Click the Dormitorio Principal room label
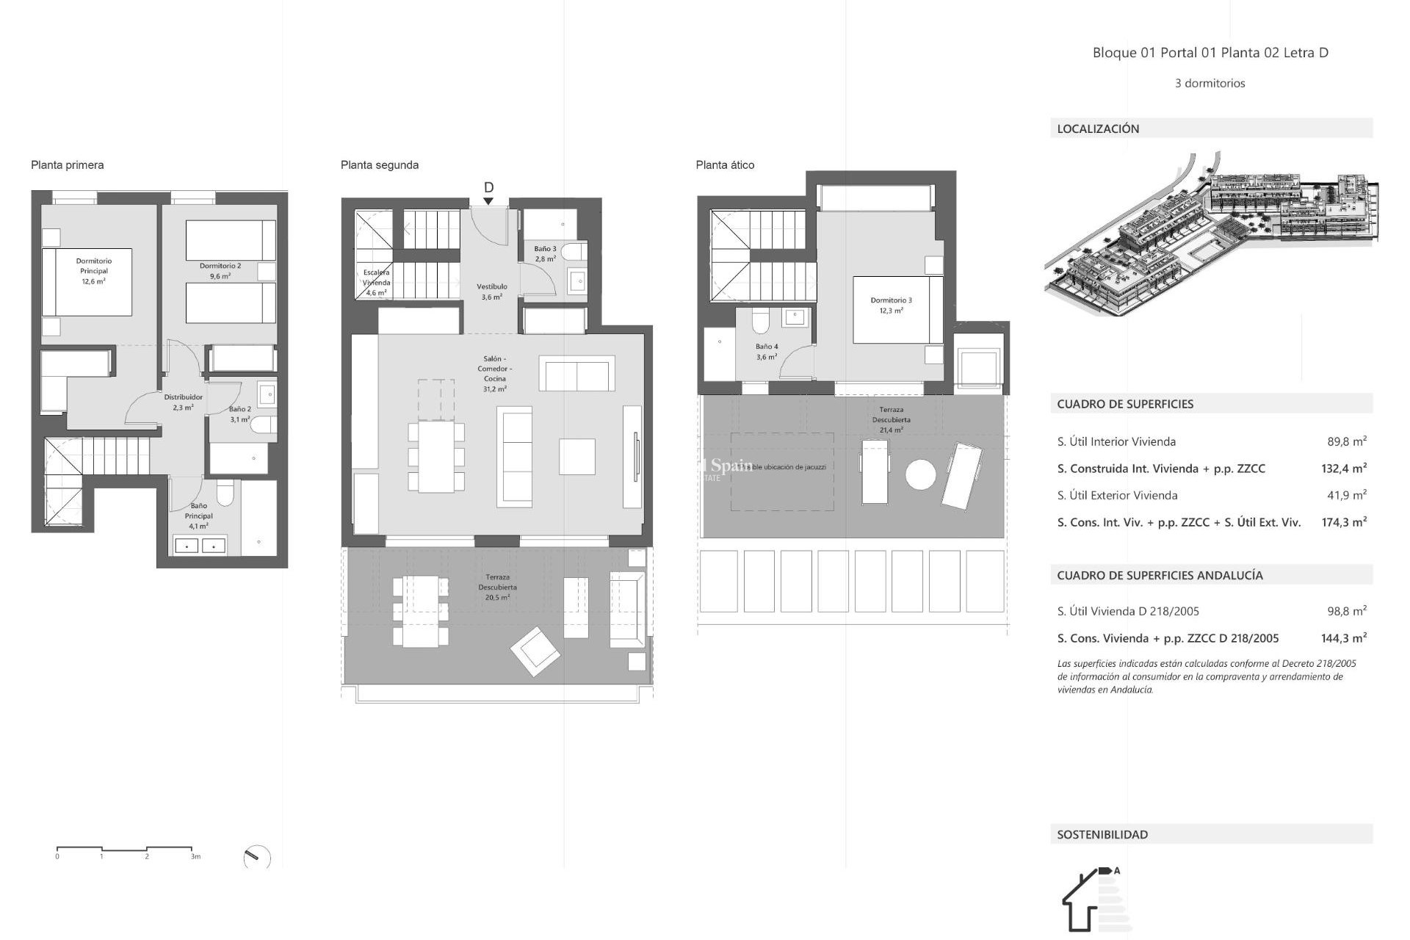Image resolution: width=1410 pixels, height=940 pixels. tap(93, 271)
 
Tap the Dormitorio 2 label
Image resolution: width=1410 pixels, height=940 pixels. tap(220, 271)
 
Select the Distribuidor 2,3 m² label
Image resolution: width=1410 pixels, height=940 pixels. tap(183, 402)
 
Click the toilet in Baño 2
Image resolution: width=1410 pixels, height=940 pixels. tap(264, 424)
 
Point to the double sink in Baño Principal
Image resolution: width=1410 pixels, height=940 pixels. tap(200, 546)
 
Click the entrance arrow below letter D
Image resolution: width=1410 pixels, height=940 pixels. tap(488, 201)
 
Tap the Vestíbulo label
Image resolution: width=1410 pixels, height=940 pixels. tap(491, 292)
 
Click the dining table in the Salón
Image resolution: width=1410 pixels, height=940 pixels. tap(436, 456)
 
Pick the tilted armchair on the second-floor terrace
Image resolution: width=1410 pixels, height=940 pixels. tap(535, 651)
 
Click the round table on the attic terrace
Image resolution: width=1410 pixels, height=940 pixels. tap(920, 474)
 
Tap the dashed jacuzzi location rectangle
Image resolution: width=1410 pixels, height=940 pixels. tap(781, 471)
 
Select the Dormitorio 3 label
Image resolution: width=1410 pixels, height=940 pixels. tap(891, 305)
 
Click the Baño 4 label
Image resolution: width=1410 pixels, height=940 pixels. tap(766, 351)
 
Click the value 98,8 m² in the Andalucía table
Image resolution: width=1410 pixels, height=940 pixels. tap(1346, 610)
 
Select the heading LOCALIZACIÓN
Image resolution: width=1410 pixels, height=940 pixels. tap(1098, 129)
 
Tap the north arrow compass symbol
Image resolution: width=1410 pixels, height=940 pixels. tap(256, 857)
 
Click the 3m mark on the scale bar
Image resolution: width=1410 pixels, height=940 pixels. tap(195, 856)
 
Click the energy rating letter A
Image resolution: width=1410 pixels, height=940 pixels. tap(1116, 871)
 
